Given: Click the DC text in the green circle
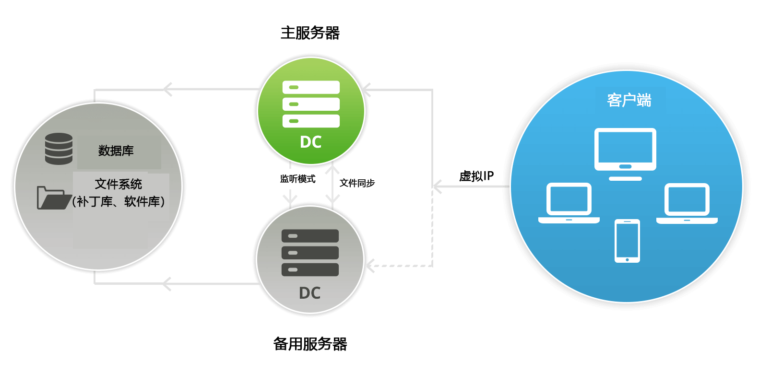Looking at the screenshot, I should [x=310, y=142].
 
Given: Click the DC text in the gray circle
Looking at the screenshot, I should [x=309, y=293].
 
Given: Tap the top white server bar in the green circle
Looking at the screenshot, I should [x=311, y=87].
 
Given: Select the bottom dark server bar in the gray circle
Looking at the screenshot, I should [x=310, y=269].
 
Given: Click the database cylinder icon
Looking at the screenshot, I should [x=59, y=149].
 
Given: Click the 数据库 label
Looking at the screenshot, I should [x=116, y=151].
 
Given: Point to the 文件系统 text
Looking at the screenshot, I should [x=118, y=184].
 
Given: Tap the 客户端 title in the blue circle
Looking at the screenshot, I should [x=629, y=100].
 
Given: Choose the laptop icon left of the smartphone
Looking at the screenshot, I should [x=569, y=203].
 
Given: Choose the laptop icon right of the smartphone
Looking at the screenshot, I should [x=687, y=203].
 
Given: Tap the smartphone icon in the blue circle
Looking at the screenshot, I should [x=627, y=241].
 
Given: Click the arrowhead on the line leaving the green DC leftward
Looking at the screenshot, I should [x=167, y=89].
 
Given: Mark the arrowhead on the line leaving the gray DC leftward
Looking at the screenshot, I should [x=166, y=284].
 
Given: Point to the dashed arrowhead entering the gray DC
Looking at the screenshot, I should [x=370, y=265].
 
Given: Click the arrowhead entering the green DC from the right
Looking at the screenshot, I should [x=366, y=90].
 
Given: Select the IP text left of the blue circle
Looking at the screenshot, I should [x=488, y=175].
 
